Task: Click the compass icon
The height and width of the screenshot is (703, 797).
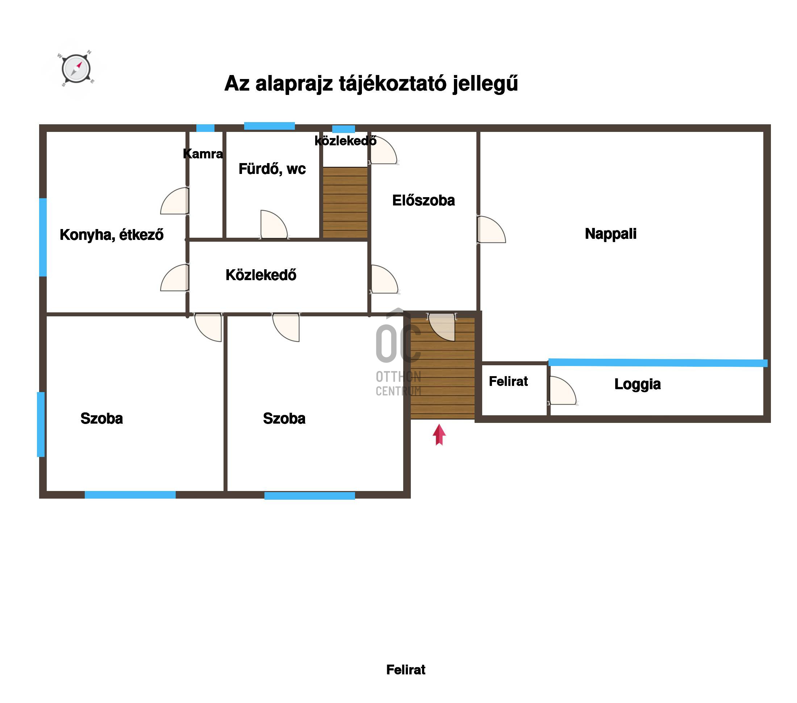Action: point(76,68)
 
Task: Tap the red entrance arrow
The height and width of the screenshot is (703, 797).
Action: point(439,434)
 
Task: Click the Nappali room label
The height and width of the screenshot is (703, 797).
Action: point(611,234)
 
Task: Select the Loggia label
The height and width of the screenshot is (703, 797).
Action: point(638,384)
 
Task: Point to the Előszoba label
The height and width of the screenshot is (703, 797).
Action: point(423,200)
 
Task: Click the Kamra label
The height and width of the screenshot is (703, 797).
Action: point(203,154)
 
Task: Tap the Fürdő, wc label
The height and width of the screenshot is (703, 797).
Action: point(272,169)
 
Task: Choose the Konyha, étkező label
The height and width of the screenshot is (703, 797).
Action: point(112,235)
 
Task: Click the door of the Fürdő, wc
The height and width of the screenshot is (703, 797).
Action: point(274,225)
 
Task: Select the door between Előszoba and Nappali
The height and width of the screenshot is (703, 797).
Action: point(491,230)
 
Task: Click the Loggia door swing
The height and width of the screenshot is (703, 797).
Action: point(562,391)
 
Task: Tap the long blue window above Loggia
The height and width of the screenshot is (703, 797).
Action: point(658,362)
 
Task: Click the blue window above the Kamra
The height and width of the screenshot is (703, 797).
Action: point(205,128)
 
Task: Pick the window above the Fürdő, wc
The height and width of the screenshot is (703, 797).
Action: point(270,126)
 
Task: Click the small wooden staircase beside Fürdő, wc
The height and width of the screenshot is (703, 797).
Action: point(345,203)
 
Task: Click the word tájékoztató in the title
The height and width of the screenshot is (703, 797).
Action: point(393,83)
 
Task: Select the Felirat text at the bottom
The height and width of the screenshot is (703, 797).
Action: point(406,670)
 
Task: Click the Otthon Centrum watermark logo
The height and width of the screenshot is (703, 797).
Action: point(398,352)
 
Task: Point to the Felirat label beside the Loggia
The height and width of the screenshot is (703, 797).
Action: point(509,381)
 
